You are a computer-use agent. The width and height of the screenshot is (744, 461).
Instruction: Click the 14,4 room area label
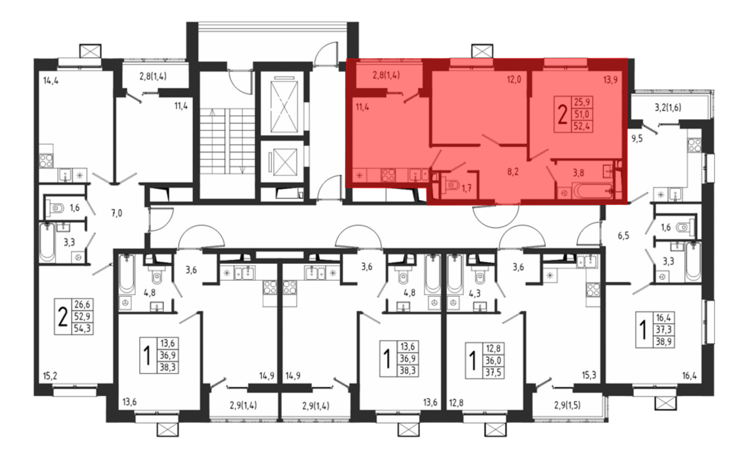tap(51, 80)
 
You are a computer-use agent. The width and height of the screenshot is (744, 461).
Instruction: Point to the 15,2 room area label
tap(50, 376)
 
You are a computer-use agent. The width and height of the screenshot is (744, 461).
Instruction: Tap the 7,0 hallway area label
tap(116, 213)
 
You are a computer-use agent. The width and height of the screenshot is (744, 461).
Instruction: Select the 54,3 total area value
tap(82, 329)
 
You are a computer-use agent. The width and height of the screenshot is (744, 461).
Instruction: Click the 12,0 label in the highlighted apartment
tap(514, 80)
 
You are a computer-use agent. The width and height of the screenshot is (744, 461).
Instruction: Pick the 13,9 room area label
tap(610, 80)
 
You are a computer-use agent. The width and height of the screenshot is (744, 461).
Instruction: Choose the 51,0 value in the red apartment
tap(582, 114)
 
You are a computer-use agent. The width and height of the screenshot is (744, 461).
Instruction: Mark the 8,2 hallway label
tap(513, 172)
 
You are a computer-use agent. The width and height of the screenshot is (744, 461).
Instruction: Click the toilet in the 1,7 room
tap(450, 184)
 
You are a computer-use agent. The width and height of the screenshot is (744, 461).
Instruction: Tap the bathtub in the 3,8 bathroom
tap(593, 191)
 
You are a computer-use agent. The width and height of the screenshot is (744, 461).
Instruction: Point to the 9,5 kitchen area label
tap(637, 139)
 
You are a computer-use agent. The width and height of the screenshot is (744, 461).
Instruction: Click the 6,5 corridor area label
tap(623, 236)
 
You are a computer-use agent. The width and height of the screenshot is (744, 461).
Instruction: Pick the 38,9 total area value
tap(664, 341)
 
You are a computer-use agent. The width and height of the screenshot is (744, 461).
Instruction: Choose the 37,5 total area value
tap(493, 372)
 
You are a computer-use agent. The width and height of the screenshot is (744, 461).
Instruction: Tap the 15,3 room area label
tap(589, 375)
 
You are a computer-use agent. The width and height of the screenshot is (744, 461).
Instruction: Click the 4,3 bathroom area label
tap(474, 294)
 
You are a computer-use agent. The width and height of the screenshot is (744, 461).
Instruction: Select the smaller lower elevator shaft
tap(285, 162)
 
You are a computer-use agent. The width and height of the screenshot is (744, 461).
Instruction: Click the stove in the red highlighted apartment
tap(388, 175)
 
